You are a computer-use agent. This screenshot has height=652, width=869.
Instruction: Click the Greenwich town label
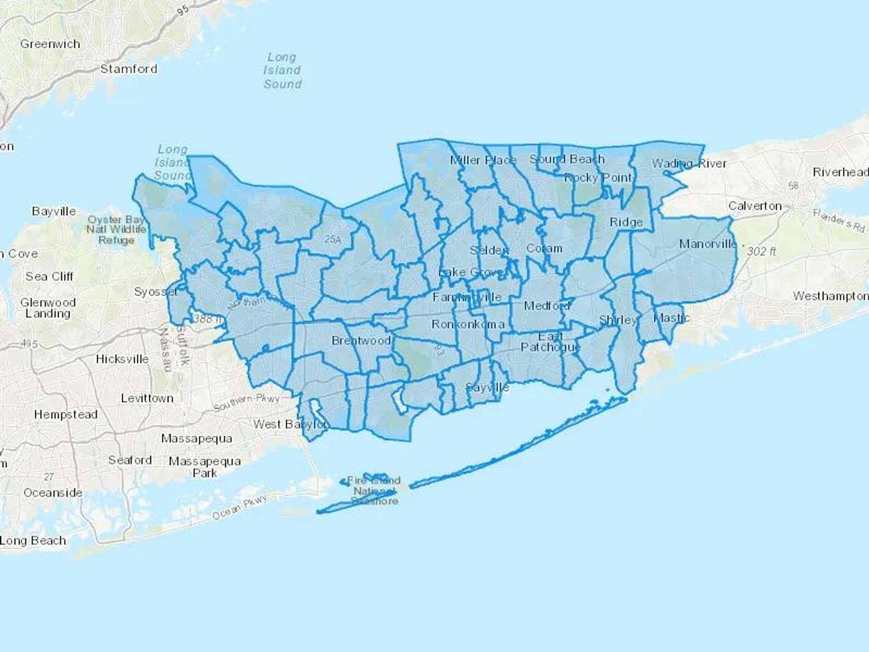tap(50, 44)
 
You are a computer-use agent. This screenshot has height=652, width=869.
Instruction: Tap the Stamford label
tap(128, 69)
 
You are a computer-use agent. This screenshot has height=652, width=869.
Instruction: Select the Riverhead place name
tap(840, 172)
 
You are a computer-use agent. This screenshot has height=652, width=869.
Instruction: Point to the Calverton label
tap(755, 206)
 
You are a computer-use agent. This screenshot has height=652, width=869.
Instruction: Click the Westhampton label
tap(830, 296)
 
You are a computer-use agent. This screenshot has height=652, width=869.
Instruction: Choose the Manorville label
tap(708, 243)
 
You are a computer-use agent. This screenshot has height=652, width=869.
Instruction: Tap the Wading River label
tap(689, 163)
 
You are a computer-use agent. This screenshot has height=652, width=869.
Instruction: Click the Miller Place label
tap(483, 160)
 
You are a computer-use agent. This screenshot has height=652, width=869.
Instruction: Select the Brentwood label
tap(361, 340)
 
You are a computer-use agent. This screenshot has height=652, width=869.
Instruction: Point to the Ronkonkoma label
tap(468, 324)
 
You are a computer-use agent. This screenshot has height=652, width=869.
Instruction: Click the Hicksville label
tap(122, 359)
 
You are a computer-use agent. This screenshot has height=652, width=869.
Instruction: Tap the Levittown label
tap(147, 398)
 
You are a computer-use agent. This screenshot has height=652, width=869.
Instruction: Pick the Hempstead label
tap(66, 414)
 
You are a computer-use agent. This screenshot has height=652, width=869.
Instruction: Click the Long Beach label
tap(33, 540)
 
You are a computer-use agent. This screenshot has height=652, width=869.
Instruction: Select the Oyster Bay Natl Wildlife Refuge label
tap(116, 229)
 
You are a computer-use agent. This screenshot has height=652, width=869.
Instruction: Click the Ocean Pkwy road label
tap(239, 508)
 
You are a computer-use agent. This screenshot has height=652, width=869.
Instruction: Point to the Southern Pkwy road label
tap(246, 402)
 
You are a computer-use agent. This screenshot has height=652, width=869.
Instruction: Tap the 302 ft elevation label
tap(761, 251)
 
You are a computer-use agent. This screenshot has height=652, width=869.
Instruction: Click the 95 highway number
tap(182, 10)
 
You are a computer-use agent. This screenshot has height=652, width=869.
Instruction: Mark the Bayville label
tap(54, 211)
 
